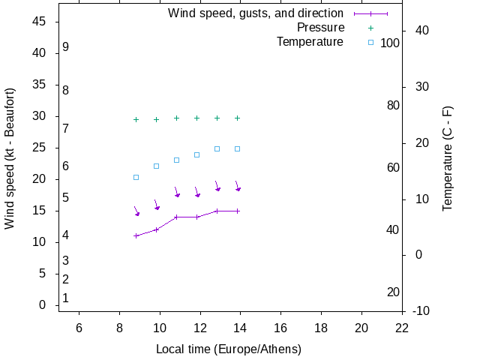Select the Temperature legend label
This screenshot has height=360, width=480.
[x=310, y=42]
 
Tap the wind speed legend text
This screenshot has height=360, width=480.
[x=255, y=13]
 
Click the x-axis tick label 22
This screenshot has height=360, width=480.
[x=402, y=328]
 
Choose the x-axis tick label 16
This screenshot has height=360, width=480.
[x=280, y=328]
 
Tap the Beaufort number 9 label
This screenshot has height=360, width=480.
[x=66, y=47]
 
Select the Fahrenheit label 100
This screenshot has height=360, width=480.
[x=390, y=43]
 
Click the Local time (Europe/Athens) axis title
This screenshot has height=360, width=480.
[x=229, y=349]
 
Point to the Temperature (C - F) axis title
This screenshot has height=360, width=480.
[x=448, y=158]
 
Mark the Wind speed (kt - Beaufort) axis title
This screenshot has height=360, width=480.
[x=10, y=158]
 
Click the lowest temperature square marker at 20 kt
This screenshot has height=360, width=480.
[x=136, y=178]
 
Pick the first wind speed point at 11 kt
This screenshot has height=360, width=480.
[x=136, y=235]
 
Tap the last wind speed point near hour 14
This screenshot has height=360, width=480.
[x=237, y=211]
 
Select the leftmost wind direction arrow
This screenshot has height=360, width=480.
[x=136, y=211]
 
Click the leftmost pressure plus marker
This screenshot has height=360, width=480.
[x=136, y=119]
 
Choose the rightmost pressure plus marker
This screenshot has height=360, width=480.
[x=237, y=118]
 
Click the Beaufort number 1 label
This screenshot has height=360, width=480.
[x=66, y=298]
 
